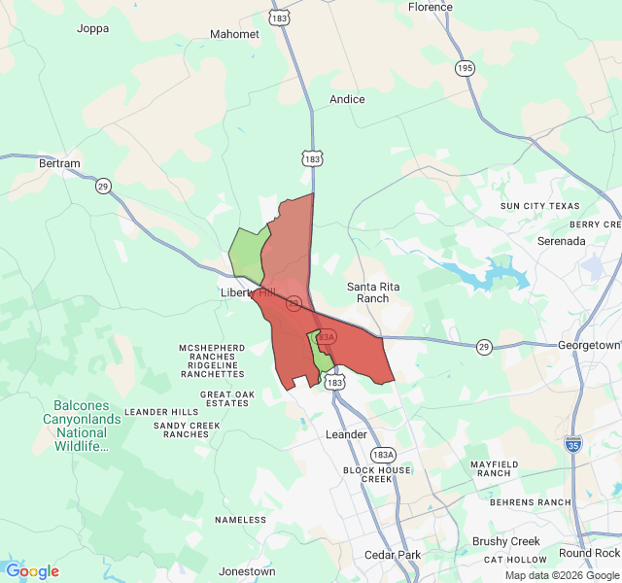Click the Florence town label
(430, 7)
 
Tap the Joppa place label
(93, 29)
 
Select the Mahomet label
(234, 34)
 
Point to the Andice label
(347, 99)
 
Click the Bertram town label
(59, 164)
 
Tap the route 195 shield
(466, 67)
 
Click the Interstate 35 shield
(573, 444)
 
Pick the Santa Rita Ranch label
(368, 292)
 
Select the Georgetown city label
(589, 345)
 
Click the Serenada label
(562, 240)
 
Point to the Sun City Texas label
(539, 206)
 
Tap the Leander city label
(346, 434)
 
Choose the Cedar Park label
(393, 555)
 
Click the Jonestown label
(247, 571)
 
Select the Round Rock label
(589, 553)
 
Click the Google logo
(32, 571)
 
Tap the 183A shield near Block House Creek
(383, 455)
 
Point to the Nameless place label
(240, 520)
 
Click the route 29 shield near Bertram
(103, 186)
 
